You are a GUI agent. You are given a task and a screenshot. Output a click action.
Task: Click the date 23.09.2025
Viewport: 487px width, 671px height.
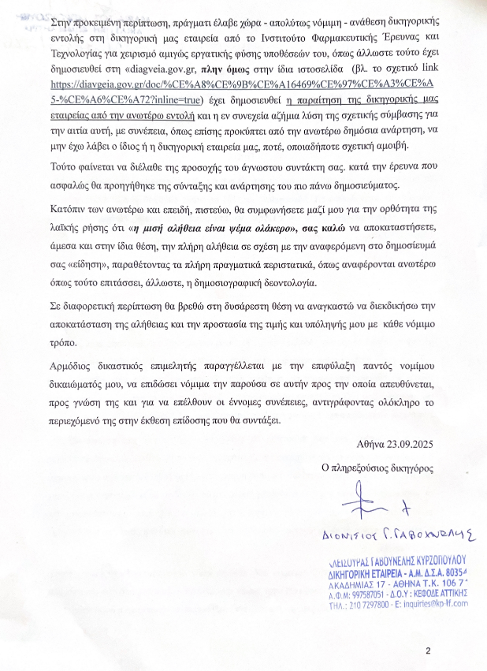point(410,443)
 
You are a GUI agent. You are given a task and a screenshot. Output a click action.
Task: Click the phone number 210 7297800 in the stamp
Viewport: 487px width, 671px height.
point(370,604)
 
